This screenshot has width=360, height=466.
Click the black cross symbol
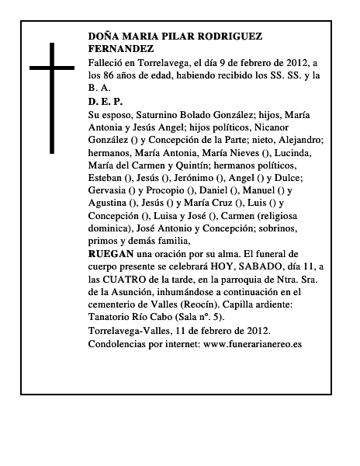tap(54, 97)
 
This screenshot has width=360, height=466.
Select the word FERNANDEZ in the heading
tap(120, 48)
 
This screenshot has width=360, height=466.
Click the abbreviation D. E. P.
tap(106, 101)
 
